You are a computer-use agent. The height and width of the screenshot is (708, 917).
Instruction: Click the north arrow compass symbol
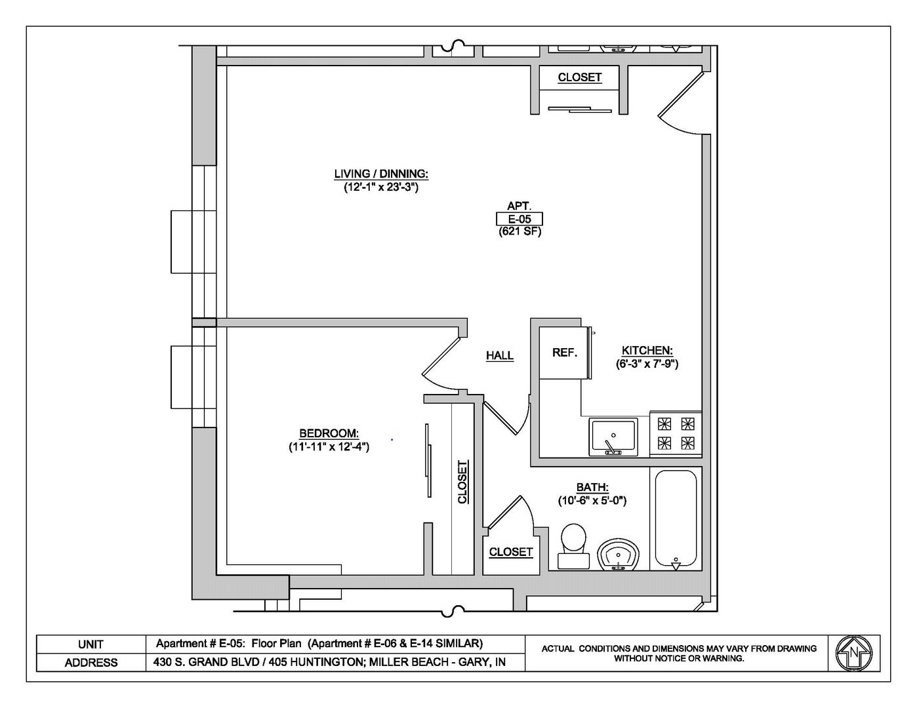(x=853, y=653)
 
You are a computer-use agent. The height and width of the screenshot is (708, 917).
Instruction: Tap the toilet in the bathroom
(x=573, y=545)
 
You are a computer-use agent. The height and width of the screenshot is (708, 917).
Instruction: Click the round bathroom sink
(x=619, y=555)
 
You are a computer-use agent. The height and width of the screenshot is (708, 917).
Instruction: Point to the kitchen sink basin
(x=613, y=437)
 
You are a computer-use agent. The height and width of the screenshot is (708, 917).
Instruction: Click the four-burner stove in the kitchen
(x=676, y=433)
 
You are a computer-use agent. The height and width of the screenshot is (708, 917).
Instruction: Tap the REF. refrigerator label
(x=565, y=353)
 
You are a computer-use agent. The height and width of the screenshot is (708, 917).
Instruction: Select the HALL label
(x=500, y=355)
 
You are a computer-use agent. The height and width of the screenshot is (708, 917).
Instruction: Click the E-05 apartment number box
(x=520, y=219)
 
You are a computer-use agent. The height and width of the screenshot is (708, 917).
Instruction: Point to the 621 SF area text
(x=520, y=231)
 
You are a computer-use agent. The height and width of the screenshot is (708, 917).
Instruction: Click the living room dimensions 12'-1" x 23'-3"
(x=381, y=187)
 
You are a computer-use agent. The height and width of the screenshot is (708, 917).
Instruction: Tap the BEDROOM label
(x=329, y=433)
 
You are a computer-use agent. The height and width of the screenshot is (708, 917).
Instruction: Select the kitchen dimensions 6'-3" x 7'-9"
(x=647, y=363)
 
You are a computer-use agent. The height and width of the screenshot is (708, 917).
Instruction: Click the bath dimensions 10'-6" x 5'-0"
(x=592, y=501)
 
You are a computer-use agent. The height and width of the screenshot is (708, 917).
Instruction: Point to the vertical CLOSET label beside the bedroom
(x=463, y=482)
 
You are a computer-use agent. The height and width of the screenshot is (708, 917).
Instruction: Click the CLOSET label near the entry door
(x=580, y=77)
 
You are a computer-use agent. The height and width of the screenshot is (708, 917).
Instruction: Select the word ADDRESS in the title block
(x=91, y=663)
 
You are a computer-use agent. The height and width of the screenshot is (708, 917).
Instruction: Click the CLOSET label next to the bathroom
(x=510, y=552)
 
